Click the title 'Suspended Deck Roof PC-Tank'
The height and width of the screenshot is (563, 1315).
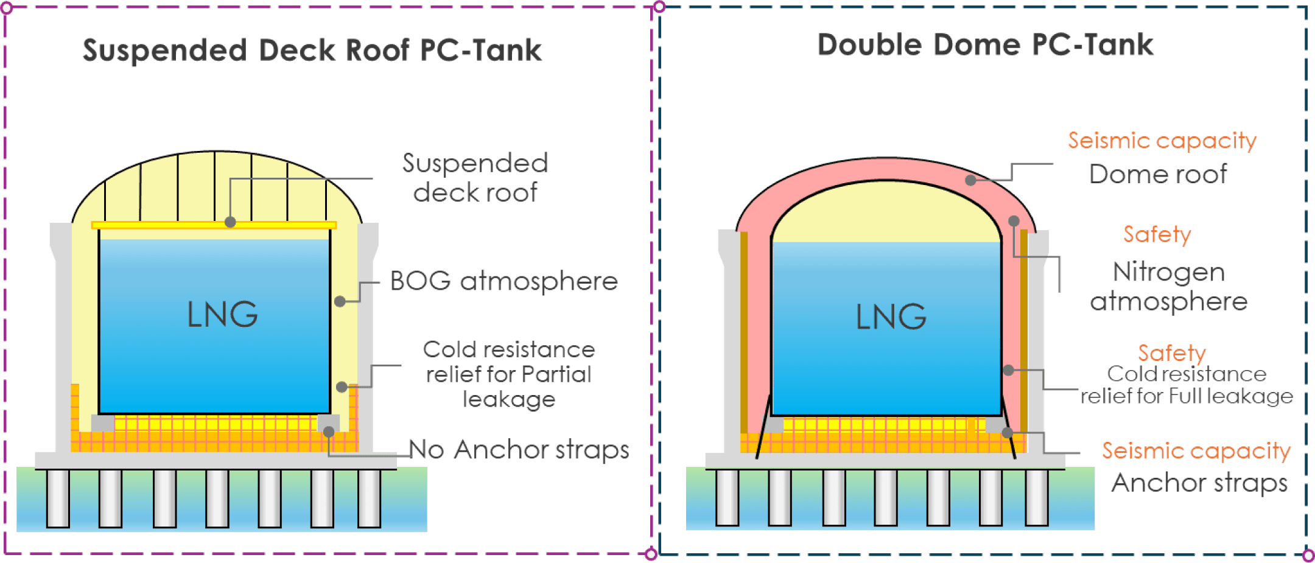coord(312,50)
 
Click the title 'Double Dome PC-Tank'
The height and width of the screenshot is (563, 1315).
coord(984,45)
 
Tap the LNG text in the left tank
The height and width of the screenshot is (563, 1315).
coord(222,315)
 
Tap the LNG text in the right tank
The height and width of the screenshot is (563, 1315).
coord(891,316)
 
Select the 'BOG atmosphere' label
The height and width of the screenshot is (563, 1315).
coord(503,281)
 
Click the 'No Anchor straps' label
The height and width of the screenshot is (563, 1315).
coord(519,450)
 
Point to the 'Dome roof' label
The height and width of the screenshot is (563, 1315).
coord(1158,174)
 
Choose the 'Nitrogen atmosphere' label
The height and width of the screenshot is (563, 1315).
coord(1168,287)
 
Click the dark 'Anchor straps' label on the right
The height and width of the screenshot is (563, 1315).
coord(1199,483)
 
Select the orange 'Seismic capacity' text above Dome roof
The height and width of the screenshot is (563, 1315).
coord(1162,141)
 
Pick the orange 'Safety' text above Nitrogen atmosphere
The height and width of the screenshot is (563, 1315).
coord(1157,234)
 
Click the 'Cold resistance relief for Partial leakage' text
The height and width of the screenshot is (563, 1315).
coord(508,374)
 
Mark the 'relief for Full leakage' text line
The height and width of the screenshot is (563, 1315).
coord(1187,396)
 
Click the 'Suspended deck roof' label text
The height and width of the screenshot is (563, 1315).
coord(475,178)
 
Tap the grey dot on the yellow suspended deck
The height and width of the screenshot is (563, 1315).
coord(230,222)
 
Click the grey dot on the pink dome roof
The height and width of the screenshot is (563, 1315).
coord(971,180)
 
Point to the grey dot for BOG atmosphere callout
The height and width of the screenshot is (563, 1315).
coord(340,301)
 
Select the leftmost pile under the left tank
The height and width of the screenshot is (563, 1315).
coord(58,498)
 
